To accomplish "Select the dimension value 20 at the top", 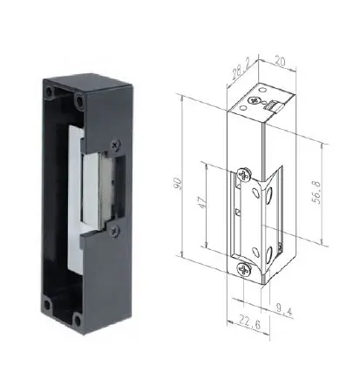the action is click(x=280, y=61).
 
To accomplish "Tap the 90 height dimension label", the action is click(x=178, y=184).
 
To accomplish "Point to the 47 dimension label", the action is click(x=203, y=203).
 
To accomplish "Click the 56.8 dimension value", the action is click(x=316, y=193).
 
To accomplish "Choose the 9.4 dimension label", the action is click(x=284, y=310).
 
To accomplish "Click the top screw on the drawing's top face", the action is click(x=255, y=101).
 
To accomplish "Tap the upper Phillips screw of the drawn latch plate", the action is click(x=244, y=174).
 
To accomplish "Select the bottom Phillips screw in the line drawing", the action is click(x=244, y=269).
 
